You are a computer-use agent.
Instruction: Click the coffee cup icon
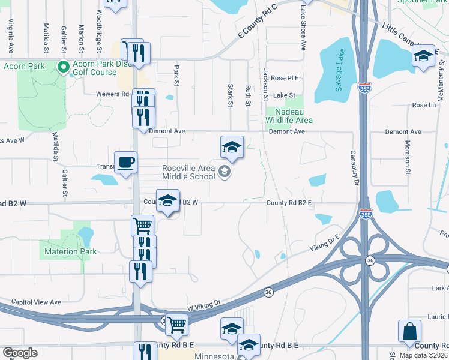pyautogui.click(x=125, y=162)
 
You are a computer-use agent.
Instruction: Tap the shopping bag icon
pyautogui.click(x=409, y=331)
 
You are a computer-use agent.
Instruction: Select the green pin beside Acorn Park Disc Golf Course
pyautogui.click(x=63, y=66)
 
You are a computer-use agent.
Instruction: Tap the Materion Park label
pyautogui.click(x=68, y=251)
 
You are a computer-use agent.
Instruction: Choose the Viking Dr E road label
pyautogui.click(x=325, y=243)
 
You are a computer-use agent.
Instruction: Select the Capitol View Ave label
pyautogui.click(x=37, y=302)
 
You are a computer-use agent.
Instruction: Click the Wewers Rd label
pyautogui.click(x=112, y=94)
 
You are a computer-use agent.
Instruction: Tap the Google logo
pyautogui.click(x=20, y=353)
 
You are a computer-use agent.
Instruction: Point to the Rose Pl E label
pyautogui.click(x=285, y=78)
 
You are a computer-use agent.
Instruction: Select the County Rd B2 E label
pyautogui.click(x=289, y=203)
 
